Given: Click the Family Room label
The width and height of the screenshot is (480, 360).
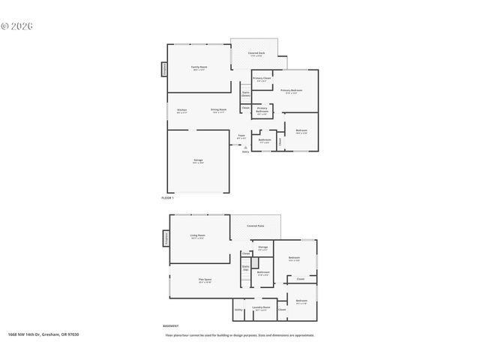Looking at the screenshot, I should point(198,67).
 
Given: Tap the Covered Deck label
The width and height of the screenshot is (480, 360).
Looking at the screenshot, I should point(256,54).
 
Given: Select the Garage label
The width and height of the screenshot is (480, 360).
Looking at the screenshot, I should point(198,160).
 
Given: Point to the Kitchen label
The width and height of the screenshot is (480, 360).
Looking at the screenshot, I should point(181,110).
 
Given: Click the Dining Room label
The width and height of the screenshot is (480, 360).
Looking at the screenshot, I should point(218,110).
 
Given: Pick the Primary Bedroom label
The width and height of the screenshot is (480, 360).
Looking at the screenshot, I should point(292,91).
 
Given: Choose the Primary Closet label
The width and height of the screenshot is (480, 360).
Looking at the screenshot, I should point(262,79).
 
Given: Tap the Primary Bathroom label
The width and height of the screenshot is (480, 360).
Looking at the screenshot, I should point(262,110).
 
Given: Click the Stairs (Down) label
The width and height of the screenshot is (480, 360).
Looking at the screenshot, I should point(245,94).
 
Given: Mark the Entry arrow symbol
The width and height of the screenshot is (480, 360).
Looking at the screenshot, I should point(245,146).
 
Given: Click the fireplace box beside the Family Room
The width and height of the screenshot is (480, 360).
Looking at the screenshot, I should point(164,69).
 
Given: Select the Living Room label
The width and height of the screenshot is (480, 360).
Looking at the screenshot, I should point(198,235).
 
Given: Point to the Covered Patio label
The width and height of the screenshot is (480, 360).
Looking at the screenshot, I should point(256,225).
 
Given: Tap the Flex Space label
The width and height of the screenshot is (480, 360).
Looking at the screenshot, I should point(205,280).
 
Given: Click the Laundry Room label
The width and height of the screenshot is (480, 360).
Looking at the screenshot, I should point(261,307).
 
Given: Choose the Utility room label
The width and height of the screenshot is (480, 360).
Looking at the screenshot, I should point(238,309).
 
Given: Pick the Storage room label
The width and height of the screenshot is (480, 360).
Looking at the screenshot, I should point(262,247).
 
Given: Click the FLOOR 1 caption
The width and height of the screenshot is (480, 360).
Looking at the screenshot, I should point(168,197).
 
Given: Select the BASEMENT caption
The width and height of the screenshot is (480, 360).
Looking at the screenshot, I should point(170,326).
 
